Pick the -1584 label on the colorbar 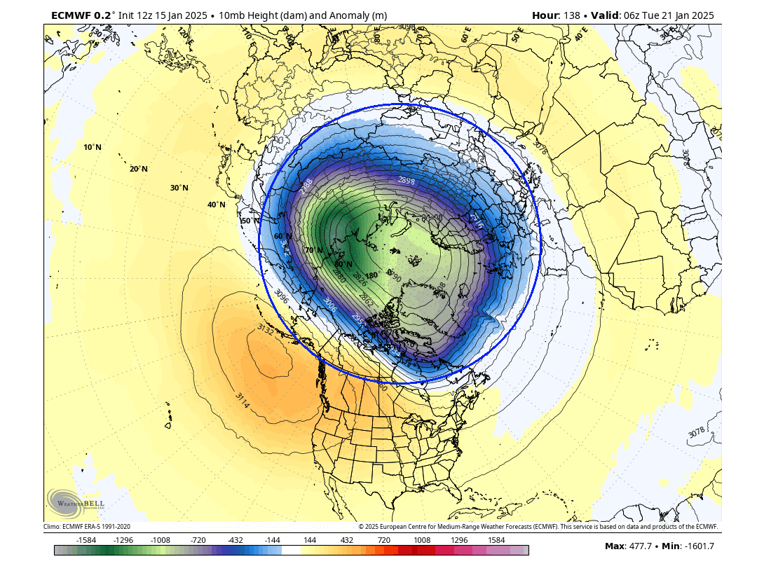click(x=86, y=540)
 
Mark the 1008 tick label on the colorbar click(x=422, y=540)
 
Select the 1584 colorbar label click(x=496, y=540)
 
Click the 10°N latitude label click(x=93, y=147)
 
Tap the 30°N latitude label click(x=179, y=188)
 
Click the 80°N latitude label click(x=343, y=264)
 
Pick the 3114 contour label click(x=243, y=401)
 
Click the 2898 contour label click(x=407, y=180)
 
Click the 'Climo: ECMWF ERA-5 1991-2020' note click(x=87, y=527)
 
